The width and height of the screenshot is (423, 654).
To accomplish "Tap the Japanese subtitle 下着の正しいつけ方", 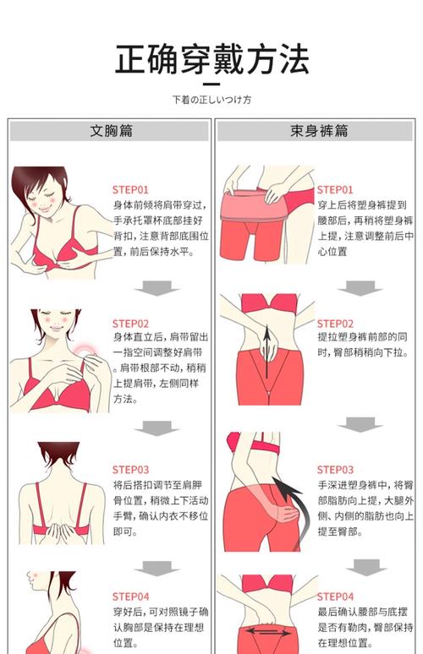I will pyautogui.click(x=211, y=100).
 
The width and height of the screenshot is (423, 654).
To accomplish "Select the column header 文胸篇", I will pyautogui.click(x=111, y=131).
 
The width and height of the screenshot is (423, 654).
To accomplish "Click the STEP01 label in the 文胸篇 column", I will pyautogui.click(x=130, y=190).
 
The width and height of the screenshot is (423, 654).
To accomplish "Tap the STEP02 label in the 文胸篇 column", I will pyautogui.click(x=130, y=324).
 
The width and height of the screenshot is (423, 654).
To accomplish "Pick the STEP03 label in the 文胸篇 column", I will pyautogui.click(x=130, y=470).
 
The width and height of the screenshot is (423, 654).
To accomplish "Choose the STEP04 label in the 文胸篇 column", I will pyautogui.click(x=130, y=597).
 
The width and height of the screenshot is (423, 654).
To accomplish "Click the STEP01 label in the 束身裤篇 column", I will pyautogui.click(x=335, y=190).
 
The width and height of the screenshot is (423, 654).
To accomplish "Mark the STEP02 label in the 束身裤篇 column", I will pyautogui.click(x=335, y=324).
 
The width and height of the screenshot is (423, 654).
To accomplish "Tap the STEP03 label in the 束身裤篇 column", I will pyautogui.click(x=335, y=470).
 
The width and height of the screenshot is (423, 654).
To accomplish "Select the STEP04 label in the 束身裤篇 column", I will pyautogui.click(x=335, y=597).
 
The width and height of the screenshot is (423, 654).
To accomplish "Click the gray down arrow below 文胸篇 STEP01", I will pyautogui.click(x=157, y=288).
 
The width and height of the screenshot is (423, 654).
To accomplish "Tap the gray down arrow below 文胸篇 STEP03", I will pyautogui.click(x=157, y=568).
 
